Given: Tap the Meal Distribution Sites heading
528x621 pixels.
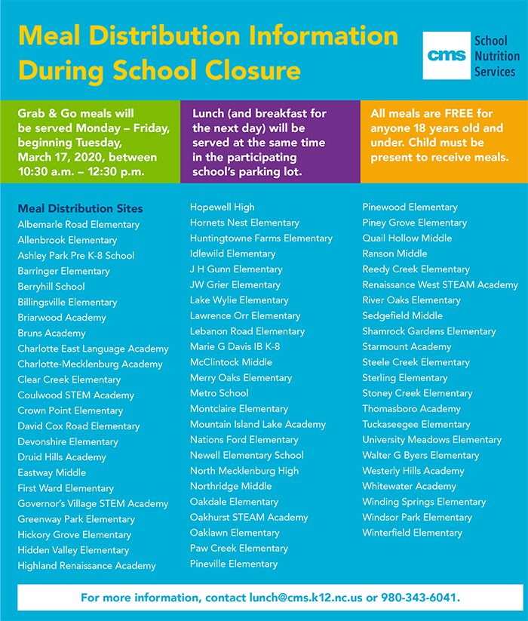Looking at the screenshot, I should tap(80, 208).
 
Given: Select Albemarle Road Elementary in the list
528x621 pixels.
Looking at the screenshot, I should tap(78, 224).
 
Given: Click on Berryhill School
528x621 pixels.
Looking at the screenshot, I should tap(51, 287).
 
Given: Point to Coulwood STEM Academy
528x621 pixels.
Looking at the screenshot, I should tap(76, 395).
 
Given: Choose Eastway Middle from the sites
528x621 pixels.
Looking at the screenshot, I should tap(52, 472).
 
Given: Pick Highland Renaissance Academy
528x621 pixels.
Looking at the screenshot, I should tap(87, 566).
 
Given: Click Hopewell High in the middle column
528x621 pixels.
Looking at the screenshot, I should tap(223, 207).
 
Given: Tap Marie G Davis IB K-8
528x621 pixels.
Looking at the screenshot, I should tap(235, 346).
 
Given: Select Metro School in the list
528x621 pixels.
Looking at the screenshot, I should tap(219, 393).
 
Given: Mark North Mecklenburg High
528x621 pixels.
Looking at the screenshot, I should tap(244, 471).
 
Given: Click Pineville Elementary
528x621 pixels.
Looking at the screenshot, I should tap(234, 564).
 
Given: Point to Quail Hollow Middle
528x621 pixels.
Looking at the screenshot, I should tap(407, 238).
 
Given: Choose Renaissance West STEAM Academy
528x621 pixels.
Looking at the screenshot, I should tap(441, 284).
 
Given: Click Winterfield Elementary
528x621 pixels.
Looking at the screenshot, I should tap(413, 533).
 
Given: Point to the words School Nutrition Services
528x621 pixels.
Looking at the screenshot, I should tap(496, 56).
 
